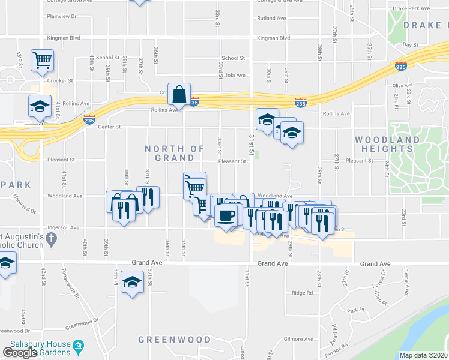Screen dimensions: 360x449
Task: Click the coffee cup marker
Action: pos(226,215)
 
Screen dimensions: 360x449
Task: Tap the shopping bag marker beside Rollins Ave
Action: pos(179,94)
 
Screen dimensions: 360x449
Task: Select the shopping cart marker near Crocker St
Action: pos(43,59)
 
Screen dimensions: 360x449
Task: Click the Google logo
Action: pos(20,353)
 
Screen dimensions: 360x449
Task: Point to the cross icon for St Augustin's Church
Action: pos(52,238)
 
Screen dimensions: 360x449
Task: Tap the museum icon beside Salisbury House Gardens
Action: pos(78,347)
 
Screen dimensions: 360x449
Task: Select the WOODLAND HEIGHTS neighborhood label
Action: pos(387,144)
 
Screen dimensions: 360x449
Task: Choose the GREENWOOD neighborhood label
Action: pos(166,340)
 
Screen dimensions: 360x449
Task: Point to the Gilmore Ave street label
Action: pos(299,339)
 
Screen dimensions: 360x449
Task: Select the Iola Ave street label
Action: pos(236,75)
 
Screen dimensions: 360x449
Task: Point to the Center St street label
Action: pos(110,127)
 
